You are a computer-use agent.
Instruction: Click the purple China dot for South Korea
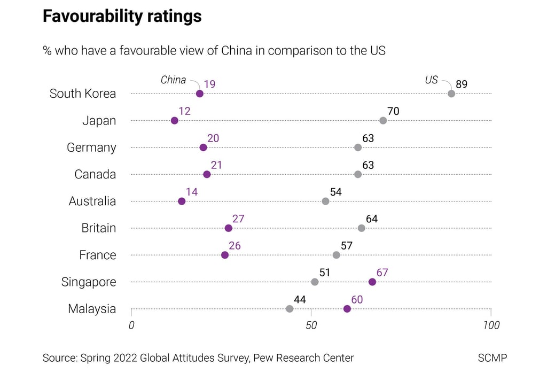(200, 94)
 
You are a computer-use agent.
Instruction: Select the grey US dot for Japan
(383, 120)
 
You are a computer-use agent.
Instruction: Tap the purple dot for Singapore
(372, 282)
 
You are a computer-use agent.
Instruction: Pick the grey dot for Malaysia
(290, 308)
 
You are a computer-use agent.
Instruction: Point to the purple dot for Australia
(182, 201)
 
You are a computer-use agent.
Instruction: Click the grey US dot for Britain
(362, 228)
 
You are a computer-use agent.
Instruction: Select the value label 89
(462, 84)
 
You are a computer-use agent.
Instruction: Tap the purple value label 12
(184, 111)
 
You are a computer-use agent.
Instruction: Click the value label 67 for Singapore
(382, 273)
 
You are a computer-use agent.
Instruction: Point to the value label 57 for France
(346, 246)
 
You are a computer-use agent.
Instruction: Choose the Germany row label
(91, 147)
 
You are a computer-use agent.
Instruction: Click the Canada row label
(95, 174)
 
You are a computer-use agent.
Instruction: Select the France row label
(97, 255)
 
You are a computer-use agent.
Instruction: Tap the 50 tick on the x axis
(311, 325)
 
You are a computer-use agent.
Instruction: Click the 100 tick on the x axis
(491, 325)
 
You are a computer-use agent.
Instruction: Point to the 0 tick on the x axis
(131, 325)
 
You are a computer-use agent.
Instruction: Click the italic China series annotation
(173, 80)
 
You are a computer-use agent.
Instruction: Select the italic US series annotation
(431, 80)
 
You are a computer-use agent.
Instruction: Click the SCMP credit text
(493, 358)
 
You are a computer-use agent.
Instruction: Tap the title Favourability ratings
(122, 17)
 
